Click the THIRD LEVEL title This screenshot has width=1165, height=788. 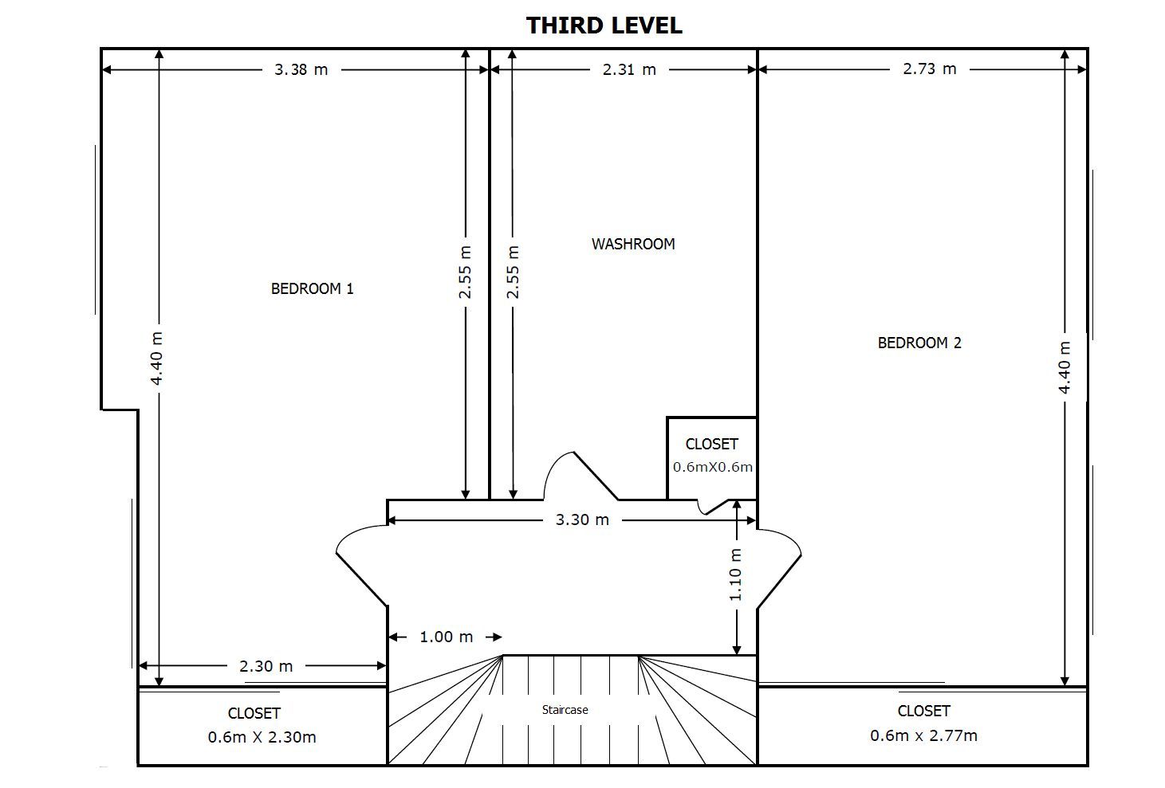tap(604, 25)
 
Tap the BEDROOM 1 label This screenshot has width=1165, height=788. tap(312, 288)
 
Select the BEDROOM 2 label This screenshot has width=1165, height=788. tap(919, 343)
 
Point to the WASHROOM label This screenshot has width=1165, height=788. tap(633, 244)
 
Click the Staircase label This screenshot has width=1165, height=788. tap(565, 709)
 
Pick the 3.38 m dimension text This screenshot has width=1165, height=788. tap(301, 69)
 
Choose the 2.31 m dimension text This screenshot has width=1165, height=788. tap(629, 69)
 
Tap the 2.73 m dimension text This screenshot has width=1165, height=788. tap(930, 69)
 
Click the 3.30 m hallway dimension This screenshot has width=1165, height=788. tap(582, 519)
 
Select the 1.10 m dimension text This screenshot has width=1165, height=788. tap(735, 575)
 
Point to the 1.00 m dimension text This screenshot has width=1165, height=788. tap(447, 637)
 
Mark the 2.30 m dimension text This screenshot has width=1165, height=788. tap(266, 666)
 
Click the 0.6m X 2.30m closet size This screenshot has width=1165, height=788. tap(262, 737)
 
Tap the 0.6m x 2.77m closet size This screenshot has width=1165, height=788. tap(923, 735)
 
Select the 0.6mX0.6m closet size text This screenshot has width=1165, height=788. tap(713, 467)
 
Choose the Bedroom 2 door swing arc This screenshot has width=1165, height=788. tap(789, 537)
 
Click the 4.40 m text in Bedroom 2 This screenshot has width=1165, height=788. tap(1065, 367)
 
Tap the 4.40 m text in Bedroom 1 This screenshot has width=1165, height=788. tap(156, 359)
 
